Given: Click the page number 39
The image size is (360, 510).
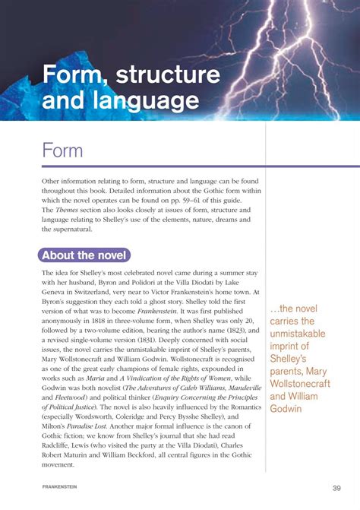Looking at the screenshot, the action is point(336,487).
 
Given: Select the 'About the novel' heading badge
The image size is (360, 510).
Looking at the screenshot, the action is point(85,255).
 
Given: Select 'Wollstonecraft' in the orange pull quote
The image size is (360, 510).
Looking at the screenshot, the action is point(300,382).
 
